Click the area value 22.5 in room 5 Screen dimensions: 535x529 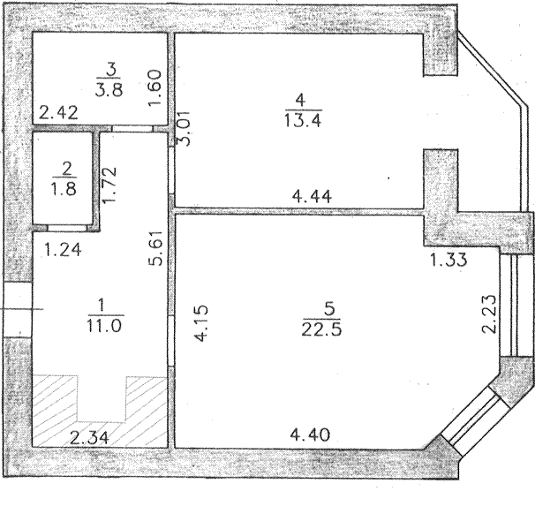tap(321, 329)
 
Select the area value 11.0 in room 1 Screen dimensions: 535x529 tap(104, 326)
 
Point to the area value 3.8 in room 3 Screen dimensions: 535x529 tap(109, 90)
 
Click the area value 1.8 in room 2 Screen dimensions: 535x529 tap(64, 188)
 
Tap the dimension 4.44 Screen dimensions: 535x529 tap(313, 197)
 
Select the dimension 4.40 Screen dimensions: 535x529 tap(310, 435)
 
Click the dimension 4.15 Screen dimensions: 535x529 tap(200, 323)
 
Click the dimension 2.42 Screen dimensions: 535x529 tap(58, 113)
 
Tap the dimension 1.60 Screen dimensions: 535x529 tap(154, 87)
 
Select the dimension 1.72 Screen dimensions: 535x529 tap(109, 185)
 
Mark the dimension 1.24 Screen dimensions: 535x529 tap(63, 249)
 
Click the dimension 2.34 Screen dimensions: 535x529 tap(89, 437)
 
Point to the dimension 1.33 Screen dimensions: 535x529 tap(448, 260)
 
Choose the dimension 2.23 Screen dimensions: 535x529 tap(488, 314)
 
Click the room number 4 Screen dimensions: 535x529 tap(300, 101)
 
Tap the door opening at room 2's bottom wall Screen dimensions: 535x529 tap(68, 227)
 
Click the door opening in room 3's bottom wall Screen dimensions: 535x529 tap(132, 128)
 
